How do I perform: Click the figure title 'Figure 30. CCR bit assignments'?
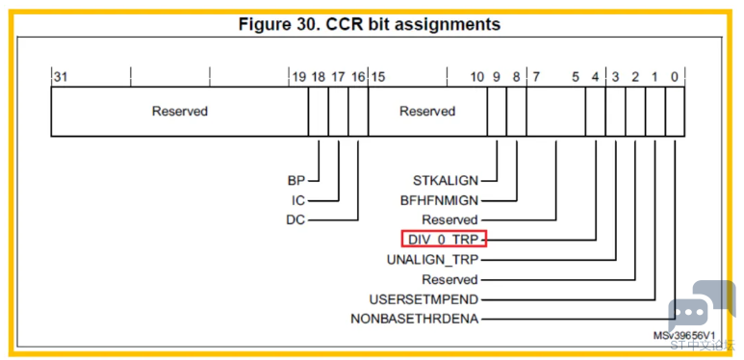[x=370, y=24]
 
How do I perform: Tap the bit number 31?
[x=61, y=77]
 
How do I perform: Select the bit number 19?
[x=299, y=77]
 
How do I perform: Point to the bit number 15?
[x=377, y=77]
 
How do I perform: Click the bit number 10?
[x=476, y=77]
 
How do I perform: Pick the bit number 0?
[x=675, y=77]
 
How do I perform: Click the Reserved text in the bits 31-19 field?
[x=180, y=112]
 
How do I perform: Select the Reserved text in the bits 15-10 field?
[x=427, y=112]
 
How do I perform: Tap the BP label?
[x=296, y=181]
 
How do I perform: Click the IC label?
[x=298, y=200]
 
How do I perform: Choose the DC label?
[x=296, y=220]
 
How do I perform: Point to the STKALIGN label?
[x=446, y=181]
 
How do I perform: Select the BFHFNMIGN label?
[x=440, y=200]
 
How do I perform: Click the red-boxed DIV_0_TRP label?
[x=444, y=239]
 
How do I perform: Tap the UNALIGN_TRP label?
[x=433, y=260]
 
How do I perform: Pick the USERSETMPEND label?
[x=424, y=299]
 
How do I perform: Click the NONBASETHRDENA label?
[x=415, y=319]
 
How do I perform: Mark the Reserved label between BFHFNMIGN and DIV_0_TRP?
[x=450, y=220]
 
